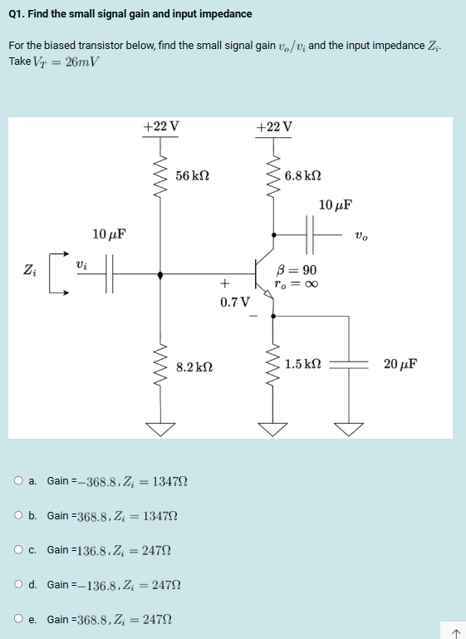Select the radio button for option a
click(18, 480)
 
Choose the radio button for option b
click(18, 515)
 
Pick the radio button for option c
click(18, 550)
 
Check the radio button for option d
click(18, 584)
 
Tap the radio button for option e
click(18, 619)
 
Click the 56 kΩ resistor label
click(193, 176)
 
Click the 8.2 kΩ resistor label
click(194, 365)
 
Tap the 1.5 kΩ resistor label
click(302, 364)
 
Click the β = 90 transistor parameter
click(296, 270)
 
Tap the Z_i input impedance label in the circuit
click(29, 269)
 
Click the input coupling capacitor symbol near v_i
click(110, 270)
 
